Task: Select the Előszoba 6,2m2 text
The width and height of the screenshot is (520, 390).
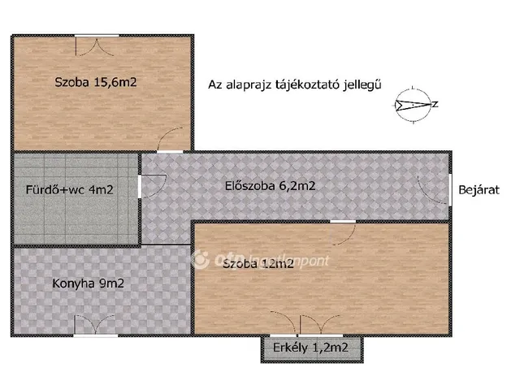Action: click(x=270, y=185)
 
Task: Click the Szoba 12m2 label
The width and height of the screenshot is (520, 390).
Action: click(x=258, y=264)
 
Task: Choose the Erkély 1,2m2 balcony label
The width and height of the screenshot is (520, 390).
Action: click(x=312, y=349)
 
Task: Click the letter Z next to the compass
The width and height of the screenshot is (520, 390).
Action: click(x=435, y=104)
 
